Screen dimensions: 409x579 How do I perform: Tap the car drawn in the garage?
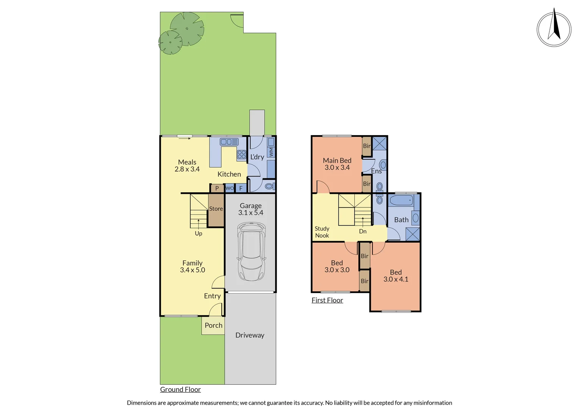[x=251, y=251]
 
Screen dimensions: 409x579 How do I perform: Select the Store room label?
[x=216, y=209]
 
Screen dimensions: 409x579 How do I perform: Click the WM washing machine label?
[x=271, y=152]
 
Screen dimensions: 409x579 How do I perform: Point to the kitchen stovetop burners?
[x=242, y=155]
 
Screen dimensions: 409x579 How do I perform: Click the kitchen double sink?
[x=229, y=142]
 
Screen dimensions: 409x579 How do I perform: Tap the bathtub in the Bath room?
[x=401, y=200]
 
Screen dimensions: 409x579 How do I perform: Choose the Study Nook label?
[x=322, y=232]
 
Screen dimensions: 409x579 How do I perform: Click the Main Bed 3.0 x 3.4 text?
[x=337, y=164]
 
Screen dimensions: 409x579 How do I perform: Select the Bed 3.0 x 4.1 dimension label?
[x=396, y=276]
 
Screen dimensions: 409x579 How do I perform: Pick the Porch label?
[x=213, y=325]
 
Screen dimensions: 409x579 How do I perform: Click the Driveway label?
[x=250, y=335]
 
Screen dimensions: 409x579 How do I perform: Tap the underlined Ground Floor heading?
[x=180, y=389]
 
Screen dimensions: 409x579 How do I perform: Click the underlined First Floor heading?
[x=327, y=300]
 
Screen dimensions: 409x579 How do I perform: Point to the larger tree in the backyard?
[x=187, y=29]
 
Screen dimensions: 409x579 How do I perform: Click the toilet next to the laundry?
[x=269, y=186]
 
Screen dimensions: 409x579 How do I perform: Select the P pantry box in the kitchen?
[x=217, y=188]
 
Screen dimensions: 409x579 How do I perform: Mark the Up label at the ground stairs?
[x=198, y=233]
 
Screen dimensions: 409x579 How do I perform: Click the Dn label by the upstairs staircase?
[x=363, y=231]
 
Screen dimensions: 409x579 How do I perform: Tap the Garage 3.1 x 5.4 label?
[x=250, y=209]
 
